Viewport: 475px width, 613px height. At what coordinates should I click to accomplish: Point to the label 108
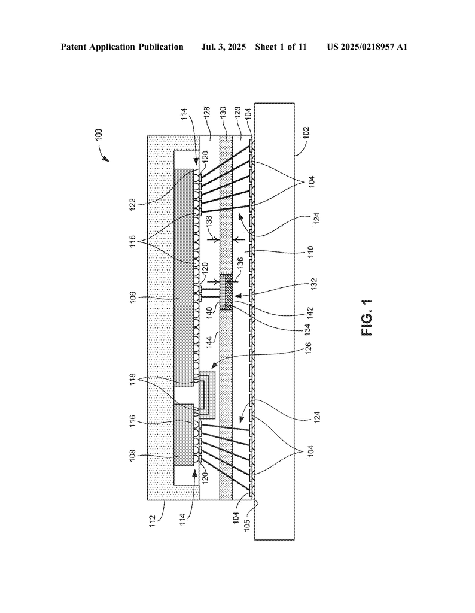(x=133, y=456)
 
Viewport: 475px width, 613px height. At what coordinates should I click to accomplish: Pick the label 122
(x=132, y=204)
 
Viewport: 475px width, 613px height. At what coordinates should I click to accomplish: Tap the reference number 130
(x=223, y=113)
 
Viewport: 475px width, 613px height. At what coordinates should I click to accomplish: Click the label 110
(x=311, y=251)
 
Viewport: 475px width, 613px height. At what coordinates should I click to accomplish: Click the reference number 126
(x=308, y=348)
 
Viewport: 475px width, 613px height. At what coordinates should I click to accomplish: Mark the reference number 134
(x=307, y=329)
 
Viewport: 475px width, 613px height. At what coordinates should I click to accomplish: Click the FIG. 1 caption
(x=367, y=317)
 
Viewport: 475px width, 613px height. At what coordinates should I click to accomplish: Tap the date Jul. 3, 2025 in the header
(x=223, y=47)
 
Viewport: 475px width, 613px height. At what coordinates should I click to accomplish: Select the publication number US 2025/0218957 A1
(x=367, y=47)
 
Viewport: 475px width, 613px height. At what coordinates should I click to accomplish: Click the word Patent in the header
(x=74, y=47)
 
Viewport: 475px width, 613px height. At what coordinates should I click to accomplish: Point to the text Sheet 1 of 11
(x=281, y=47)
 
